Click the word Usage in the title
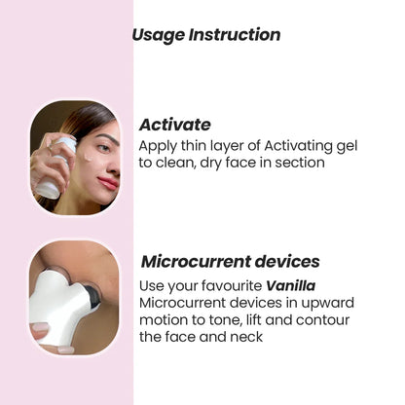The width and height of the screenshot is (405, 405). pyautogui.click(x=156, y=35)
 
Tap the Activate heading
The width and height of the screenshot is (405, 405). pyautogui.click(x=174, y=125)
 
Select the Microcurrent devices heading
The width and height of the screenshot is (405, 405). pyautogui.click(x=230, y=262)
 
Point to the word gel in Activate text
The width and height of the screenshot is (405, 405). pyautogui.click(x=345, y=145)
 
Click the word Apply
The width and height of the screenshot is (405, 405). pyautogui.click(x=160, y=145)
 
